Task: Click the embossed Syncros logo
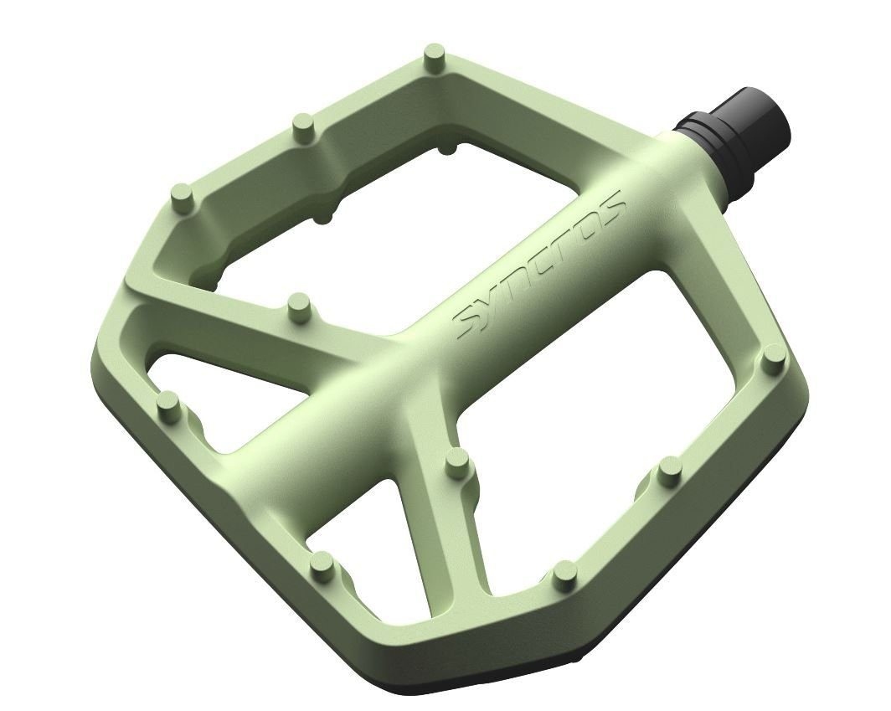click(541, 265)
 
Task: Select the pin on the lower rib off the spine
click(456, 463)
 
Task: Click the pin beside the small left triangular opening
click(169, 403)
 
